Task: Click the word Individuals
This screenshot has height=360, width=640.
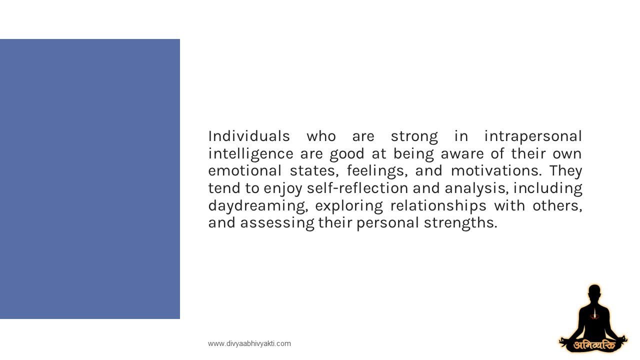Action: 249,136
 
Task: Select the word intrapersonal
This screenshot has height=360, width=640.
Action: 533,136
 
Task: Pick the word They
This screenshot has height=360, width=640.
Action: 565,170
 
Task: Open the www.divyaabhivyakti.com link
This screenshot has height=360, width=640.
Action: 249,343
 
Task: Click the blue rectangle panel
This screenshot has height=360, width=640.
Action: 90,179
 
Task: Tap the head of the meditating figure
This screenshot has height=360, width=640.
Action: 594,292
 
